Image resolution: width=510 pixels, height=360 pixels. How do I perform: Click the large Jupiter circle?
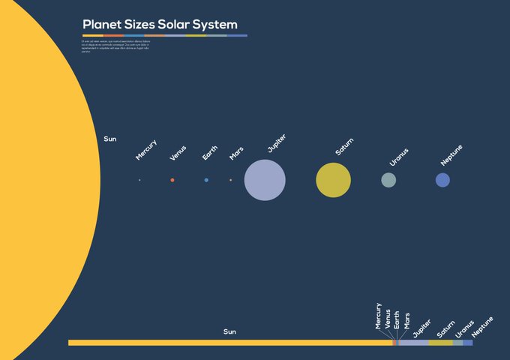click(265, 180)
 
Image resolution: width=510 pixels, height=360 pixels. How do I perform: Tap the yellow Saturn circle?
click(333, 180)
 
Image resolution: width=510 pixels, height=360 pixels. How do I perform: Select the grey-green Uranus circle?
click(388, 180)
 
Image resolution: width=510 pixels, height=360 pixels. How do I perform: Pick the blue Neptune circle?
click(442, 180)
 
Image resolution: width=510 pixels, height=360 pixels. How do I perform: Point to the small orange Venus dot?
click(172, 180)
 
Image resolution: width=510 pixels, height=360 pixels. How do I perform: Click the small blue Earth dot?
click(206, 180)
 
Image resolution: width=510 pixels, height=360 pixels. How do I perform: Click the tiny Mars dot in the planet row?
click(230, 180)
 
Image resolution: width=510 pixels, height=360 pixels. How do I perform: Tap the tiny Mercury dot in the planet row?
click(139, 180)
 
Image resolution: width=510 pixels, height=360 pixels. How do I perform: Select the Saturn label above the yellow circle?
click(344, 147)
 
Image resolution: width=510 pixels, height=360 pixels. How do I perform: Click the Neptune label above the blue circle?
click(451, 155)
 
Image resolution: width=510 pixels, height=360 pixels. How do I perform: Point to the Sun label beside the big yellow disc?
click(110, 139)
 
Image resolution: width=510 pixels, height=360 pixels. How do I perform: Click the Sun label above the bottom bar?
click(229, 331)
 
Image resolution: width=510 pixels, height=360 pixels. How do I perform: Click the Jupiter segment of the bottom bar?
click(413, 343)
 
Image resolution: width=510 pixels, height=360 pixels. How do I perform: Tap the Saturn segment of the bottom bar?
click(440, 343)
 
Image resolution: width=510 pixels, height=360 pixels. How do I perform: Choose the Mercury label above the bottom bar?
click(379, 316)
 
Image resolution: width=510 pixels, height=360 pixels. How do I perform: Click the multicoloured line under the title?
click(164, 35)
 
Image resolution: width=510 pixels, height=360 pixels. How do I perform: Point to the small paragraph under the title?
click(116, 46)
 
